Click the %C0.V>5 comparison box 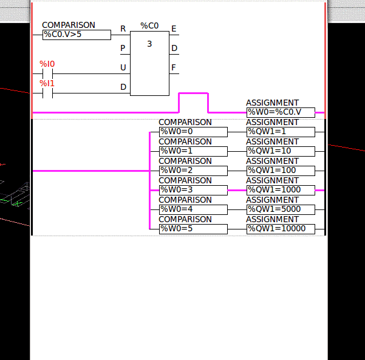[x=77, y=35]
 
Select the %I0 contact [x=47, y=73]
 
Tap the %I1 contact [x=47, y=93]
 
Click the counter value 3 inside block [x=149, y=44]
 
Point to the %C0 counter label [x=149, y=26]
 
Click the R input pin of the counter [x=123, y=29]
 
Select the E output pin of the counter [x=174, y=29]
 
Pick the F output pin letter [x=174, y=67]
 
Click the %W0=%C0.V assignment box [x=281, y=112]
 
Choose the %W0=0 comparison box [x=193, y=132]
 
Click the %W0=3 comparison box [x=193, y=190]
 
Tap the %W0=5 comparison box [x=193, y=229]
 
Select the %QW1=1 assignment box [x=281, y=132]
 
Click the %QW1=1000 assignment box [x=281, y=190]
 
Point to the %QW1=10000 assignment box [x=281, y=229]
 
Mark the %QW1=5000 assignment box [x=281, y=209]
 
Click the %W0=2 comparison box [x=193, y=171]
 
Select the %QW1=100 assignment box [x=281, y=171]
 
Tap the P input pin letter [x=123, y=48]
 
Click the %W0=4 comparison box [x=193, y=209]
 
